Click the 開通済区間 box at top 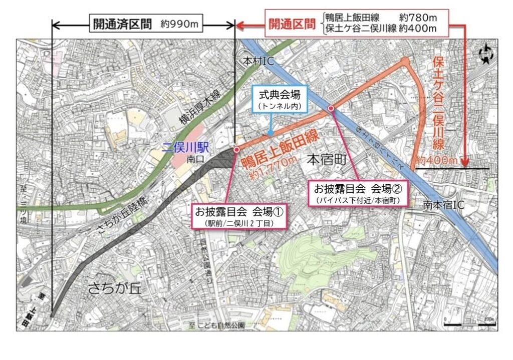121,24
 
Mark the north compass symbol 485,54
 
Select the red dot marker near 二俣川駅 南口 236,149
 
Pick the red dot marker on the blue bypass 331,108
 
